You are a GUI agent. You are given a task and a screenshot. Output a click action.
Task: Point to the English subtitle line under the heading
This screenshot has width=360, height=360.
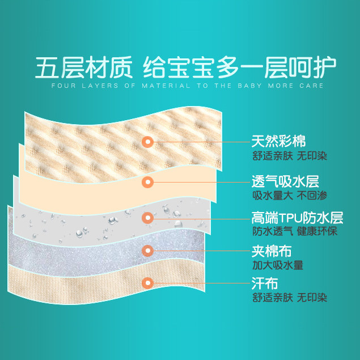187,86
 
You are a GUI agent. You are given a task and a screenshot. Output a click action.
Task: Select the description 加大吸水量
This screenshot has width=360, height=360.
278,264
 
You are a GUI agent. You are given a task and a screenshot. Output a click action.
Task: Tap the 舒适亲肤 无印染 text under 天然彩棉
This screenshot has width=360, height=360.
290,155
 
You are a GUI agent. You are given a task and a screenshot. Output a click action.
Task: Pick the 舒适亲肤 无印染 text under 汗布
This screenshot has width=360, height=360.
290,298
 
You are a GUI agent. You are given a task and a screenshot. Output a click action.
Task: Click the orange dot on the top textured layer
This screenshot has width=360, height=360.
148,142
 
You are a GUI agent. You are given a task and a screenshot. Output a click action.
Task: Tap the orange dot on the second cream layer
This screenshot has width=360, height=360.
148,182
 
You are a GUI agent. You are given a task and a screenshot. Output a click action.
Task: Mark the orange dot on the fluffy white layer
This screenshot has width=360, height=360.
148,249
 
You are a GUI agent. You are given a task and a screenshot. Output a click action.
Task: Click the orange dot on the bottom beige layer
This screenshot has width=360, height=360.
148,282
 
